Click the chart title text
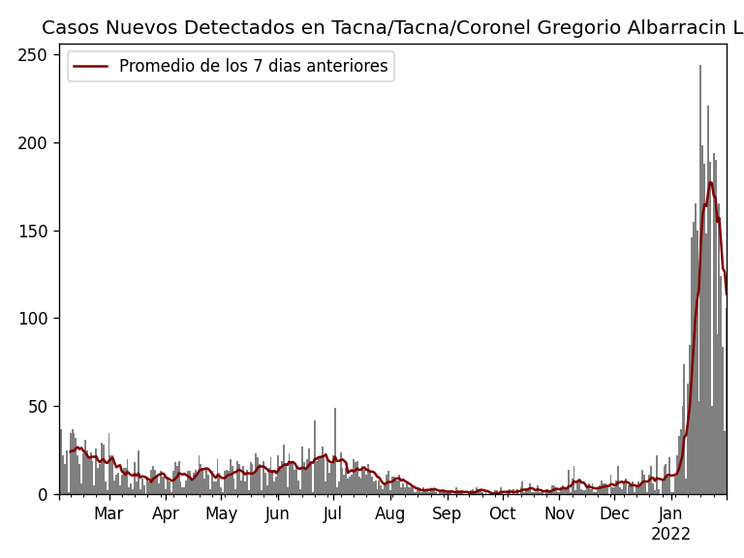(392, 28)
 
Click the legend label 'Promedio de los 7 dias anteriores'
(253, 67)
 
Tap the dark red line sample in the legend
(91, 67)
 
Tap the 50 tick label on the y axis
(37, 407)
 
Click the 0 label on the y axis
(42, 495)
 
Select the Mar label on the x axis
(108, 514)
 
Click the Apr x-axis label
(166, 514)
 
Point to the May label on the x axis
(222, 514)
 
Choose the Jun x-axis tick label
(277, 514)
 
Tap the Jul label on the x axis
(333, 514)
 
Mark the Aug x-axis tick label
(390, 514)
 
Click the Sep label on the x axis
(447, 514)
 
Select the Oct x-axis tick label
(503, 514)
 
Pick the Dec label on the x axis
(614, 514)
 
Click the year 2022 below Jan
(670, 535)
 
